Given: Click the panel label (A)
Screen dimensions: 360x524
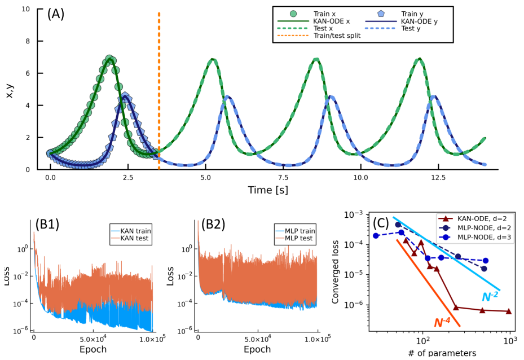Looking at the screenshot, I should pos(55,14).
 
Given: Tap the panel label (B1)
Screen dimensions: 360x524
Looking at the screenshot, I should pos(47,224).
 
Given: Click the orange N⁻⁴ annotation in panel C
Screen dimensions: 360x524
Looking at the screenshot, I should pos(442,323).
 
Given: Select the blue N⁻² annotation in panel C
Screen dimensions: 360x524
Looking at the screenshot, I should pos(490,297).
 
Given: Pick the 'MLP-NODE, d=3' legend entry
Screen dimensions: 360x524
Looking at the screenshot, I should pos(485,237).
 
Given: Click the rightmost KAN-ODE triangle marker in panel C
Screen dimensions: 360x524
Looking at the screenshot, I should pos(509,311).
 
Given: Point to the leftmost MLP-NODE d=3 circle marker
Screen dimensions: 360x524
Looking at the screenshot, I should pos(376,235).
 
